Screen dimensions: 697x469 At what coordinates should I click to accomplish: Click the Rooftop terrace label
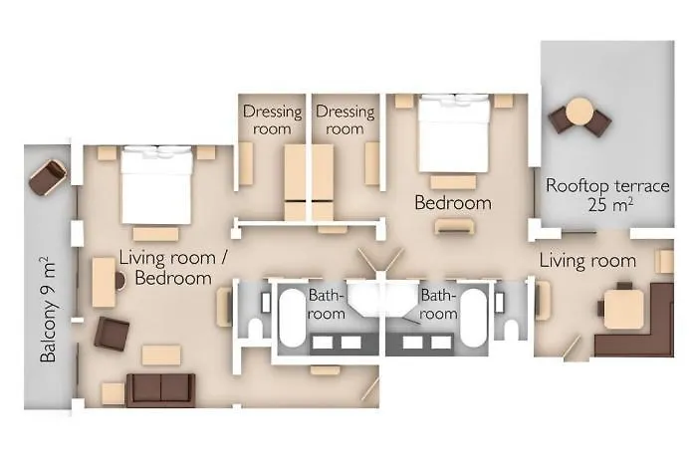tap(607, 194)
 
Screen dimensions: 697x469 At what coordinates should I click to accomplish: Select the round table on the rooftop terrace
tap(580, 112)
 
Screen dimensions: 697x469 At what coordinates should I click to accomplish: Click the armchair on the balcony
tap(48, 177)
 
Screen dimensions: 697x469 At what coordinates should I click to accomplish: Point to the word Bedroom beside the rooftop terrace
tap(453, 203)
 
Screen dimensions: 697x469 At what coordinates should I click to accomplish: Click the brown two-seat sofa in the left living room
tap(160, 390)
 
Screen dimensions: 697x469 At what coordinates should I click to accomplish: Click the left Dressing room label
tap(272, 119)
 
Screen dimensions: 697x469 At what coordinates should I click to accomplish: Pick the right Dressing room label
tap(345, 119)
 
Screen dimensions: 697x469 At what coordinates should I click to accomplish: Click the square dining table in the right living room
tap(624, 309)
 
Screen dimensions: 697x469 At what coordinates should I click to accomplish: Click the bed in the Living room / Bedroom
tap(156, 185)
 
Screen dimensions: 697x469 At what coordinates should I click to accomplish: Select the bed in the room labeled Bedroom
tap(454, 133)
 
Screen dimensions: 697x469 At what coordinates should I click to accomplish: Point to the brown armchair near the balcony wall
tap(112, 334)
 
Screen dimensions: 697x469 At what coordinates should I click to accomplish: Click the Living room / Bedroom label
tap(173, 268)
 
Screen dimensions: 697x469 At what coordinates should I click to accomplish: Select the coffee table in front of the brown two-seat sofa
tap(161, 355)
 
